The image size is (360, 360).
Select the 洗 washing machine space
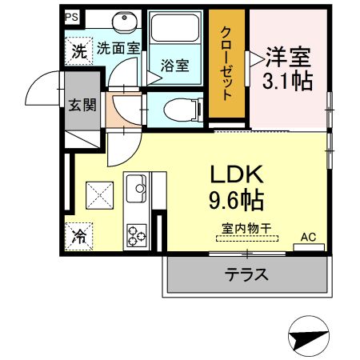78,52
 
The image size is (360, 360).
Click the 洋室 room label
287,58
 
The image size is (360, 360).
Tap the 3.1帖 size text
287,81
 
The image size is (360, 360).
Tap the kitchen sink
134,189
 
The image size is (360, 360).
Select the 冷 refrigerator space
78,237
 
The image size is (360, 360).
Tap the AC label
308,237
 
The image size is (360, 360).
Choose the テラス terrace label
246,274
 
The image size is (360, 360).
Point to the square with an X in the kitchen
99,194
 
